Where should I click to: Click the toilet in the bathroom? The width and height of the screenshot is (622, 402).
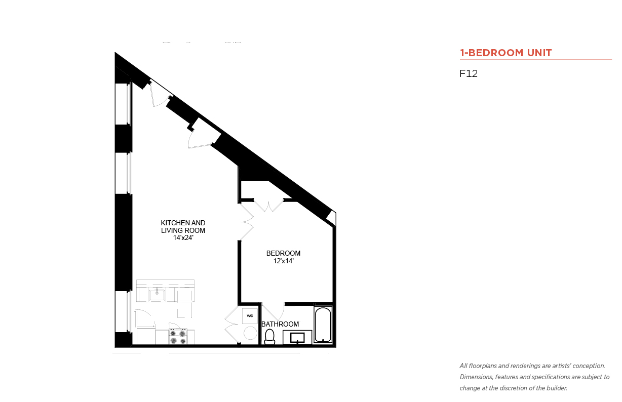tap(269, 337)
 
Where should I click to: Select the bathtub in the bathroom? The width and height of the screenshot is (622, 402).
tap(323, 325)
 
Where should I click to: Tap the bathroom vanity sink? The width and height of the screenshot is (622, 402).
tap(297, 338)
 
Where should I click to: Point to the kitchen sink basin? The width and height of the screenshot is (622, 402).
tap(157, 295)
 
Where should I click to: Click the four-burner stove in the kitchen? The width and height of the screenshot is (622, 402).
tap(178, 337)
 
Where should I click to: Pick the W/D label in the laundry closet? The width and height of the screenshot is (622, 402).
tap(250, 315)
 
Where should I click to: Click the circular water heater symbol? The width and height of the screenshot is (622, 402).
tap(250, 333)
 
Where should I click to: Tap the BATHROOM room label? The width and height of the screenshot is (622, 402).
tap(280, 324)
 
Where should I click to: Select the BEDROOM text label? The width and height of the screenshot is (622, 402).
tap(283, 253)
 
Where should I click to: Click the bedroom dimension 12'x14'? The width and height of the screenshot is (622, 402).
tap(284, 261)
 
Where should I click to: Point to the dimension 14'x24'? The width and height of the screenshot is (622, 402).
tap(183, 238)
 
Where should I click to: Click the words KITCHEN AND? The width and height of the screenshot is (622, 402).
tap(183, 223)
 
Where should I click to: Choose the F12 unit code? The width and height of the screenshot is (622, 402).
tap(469, 73)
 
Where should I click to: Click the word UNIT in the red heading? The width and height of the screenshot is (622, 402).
tap(539, 53)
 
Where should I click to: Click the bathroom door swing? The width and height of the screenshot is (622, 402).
tap(274, 311)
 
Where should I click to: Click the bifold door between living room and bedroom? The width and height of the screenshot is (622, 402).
tap(247, 222)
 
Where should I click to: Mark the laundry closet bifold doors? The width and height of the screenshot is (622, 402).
tap(231, 325)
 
